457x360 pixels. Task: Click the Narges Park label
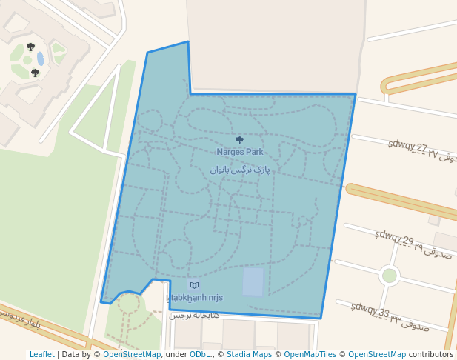[239, 152]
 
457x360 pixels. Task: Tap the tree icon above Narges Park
[239, 140]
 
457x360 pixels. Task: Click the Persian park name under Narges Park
[239, 170]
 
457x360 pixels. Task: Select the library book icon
[194, 285]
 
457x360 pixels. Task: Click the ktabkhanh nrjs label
[194, 298]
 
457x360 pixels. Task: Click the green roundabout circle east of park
[389, 276]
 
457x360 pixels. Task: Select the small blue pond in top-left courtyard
[40, 59]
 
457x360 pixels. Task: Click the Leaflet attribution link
[42, 355]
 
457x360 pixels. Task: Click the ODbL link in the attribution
[200, 355]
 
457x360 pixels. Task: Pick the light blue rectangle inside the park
[253, 281]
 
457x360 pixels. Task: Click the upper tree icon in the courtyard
[30, 47]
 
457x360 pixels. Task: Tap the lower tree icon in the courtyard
[35, 73]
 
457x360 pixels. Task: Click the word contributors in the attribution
[431, 355]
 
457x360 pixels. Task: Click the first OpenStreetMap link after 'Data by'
[132, 355]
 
